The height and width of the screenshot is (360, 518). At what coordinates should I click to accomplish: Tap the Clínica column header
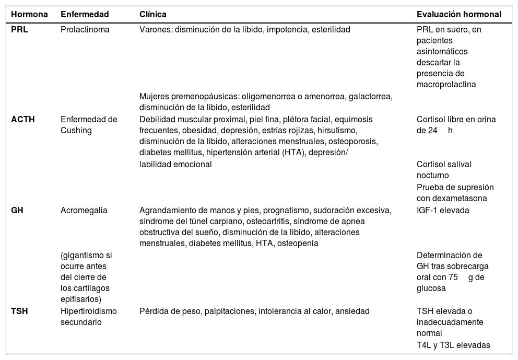tap(153, 15)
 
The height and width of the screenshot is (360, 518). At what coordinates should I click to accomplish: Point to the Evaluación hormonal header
tap(459, 15)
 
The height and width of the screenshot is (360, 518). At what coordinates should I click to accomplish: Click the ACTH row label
tap(22, 119)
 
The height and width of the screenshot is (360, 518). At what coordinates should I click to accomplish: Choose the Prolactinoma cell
tap(85, 30)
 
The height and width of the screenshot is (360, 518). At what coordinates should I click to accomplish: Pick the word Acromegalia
tap(84, 211)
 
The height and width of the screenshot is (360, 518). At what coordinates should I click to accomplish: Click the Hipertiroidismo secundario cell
tap(89, 316)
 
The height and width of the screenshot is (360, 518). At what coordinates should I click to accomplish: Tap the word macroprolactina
tap(446, 84)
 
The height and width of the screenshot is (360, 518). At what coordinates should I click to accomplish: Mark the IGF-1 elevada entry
tap(443, 211)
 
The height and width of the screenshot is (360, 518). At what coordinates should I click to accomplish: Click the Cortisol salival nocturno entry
tap(444, 169)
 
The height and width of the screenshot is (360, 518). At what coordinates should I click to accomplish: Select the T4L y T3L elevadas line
tap(453, 344)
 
